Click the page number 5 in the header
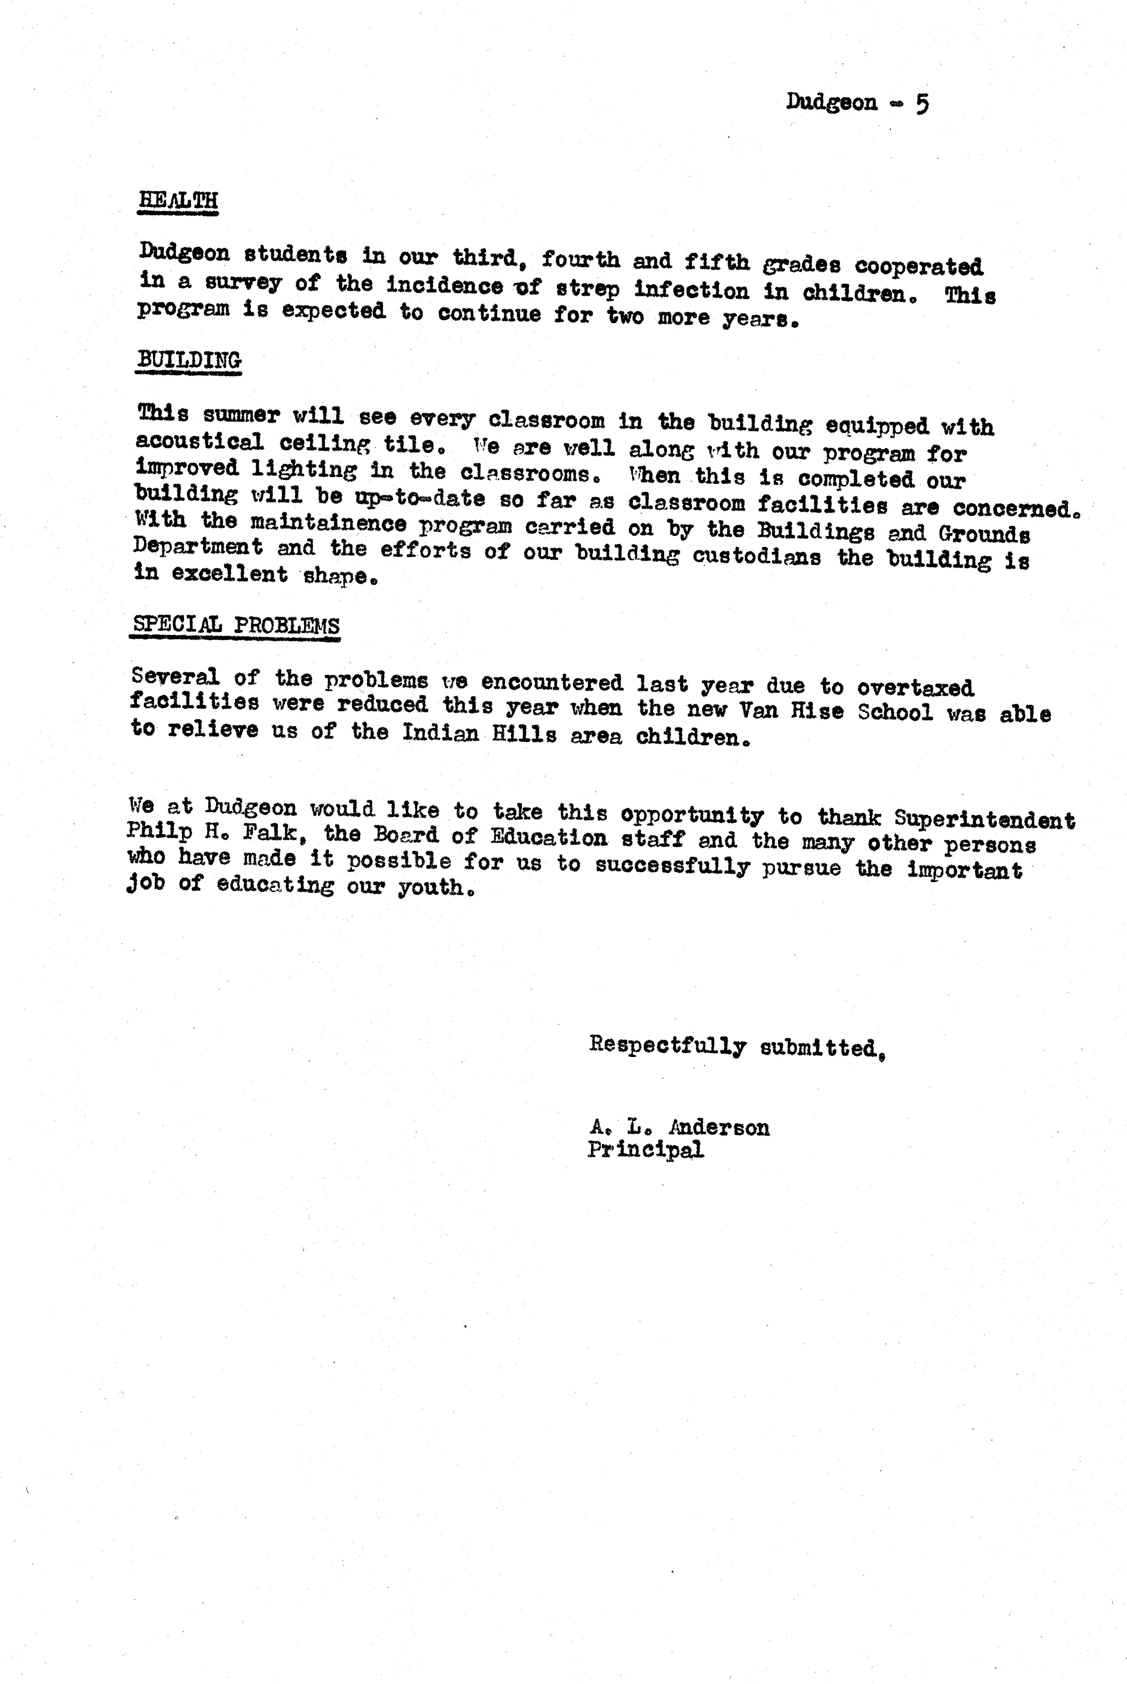pos(921,103)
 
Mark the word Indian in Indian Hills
pos(440,733)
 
